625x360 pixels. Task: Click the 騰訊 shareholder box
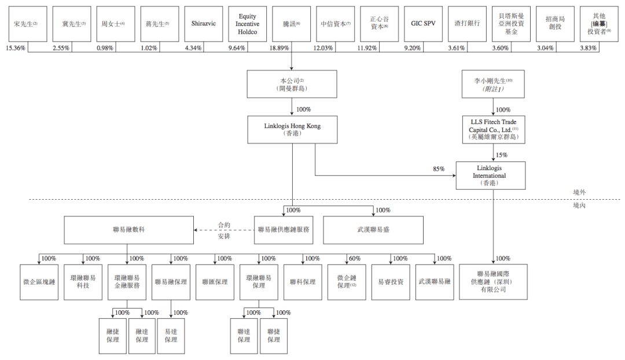pyautogui.click(x=291, y=24)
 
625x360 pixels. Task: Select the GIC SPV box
pyautogui.click(x=423, y=24)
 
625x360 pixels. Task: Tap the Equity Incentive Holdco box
pyautogui.click(x=247, y=24)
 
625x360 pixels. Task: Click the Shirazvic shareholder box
pyautogui.click(x=203, y=24)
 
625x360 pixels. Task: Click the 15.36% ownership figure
pyautogui.click(x=16, y=48)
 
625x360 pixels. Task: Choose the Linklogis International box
pyautogui.click(x=492, y=175)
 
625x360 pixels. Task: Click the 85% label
pyautogui.click(x=439, y=169)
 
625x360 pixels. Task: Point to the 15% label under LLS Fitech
pyautogui.click(x=501, y=155)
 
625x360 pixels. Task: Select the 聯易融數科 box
pyautogui.click(x=128, y=230)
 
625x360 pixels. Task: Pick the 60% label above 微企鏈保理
pyautogui.click(x=355, y=259)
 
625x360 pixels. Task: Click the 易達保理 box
pyautogui.click(x=171, y=336)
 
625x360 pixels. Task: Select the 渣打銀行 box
pyautogui.click(x=467, y=24)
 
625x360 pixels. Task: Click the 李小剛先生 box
pyautogui.click(x=492, y=84)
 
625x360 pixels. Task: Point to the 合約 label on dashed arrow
pyautogui.click(x=224, y=224)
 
